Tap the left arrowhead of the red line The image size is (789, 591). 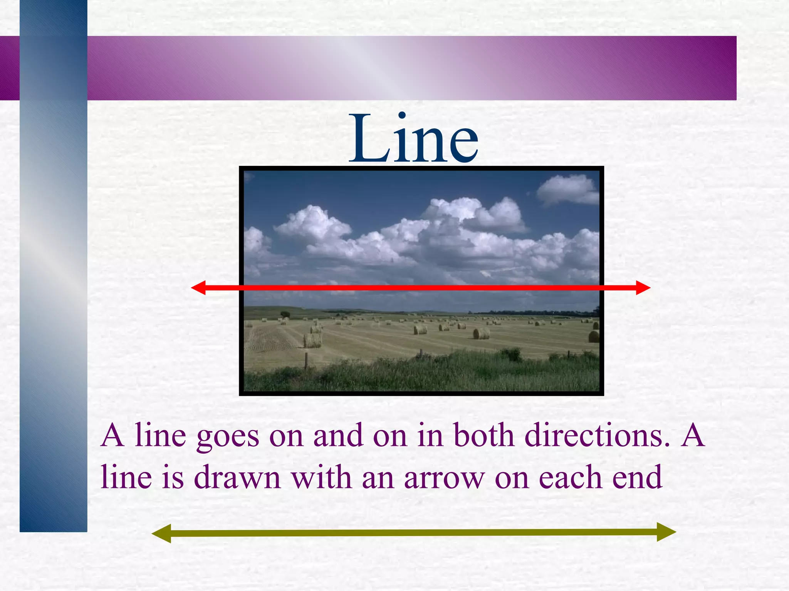[199, 287]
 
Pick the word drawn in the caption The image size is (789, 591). [237, 477]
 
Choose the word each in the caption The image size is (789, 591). [570, 477]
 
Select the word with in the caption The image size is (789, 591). [321, 477]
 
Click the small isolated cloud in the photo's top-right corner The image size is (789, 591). [567, 189]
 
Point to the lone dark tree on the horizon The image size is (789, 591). [285, 314]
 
